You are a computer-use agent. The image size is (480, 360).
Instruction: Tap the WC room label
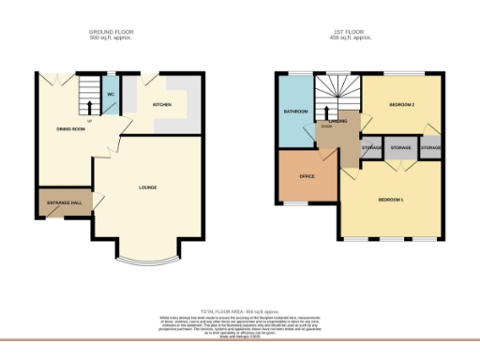110,95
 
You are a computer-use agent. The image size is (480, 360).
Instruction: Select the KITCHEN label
162,105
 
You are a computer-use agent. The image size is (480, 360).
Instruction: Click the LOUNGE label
147,187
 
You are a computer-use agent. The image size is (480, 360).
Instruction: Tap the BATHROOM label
295,112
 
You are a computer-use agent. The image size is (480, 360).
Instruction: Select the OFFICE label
306,175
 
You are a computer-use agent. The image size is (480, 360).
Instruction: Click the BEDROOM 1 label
391,201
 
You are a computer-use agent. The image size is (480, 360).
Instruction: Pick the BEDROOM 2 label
401,104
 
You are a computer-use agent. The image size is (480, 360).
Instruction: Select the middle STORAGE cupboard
400,149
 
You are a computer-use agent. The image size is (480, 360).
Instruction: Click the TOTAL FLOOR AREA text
239,310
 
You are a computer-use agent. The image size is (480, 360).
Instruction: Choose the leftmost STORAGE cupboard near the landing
371,149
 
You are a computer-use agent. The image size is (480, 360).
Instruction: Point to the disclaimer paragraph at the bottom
239,323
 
